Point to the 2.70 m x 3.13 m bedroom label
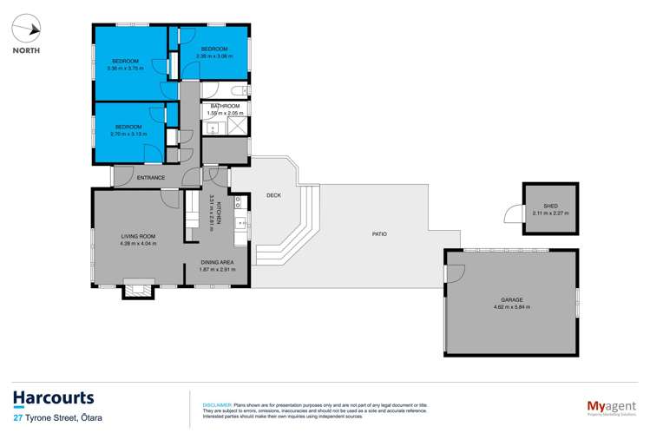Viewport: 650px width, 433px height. click(x=128, y=131)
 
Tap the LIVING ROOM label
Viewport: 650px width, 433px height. click(x=137, y=239)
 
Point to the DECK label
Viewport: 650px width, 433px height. click(x=274, y=196)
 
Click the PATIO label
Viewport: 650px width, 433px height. click(x=378, y=233)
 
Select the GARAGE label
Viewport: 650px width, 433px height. click(x=511, y=301)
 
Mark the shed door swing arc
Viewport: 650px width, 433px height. click(x=512, y=212)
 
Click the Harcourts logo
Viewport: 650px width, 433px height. click(x=54, y=398)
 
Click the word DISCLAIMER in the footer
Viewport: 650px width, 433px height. click(x=216, y=404)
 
